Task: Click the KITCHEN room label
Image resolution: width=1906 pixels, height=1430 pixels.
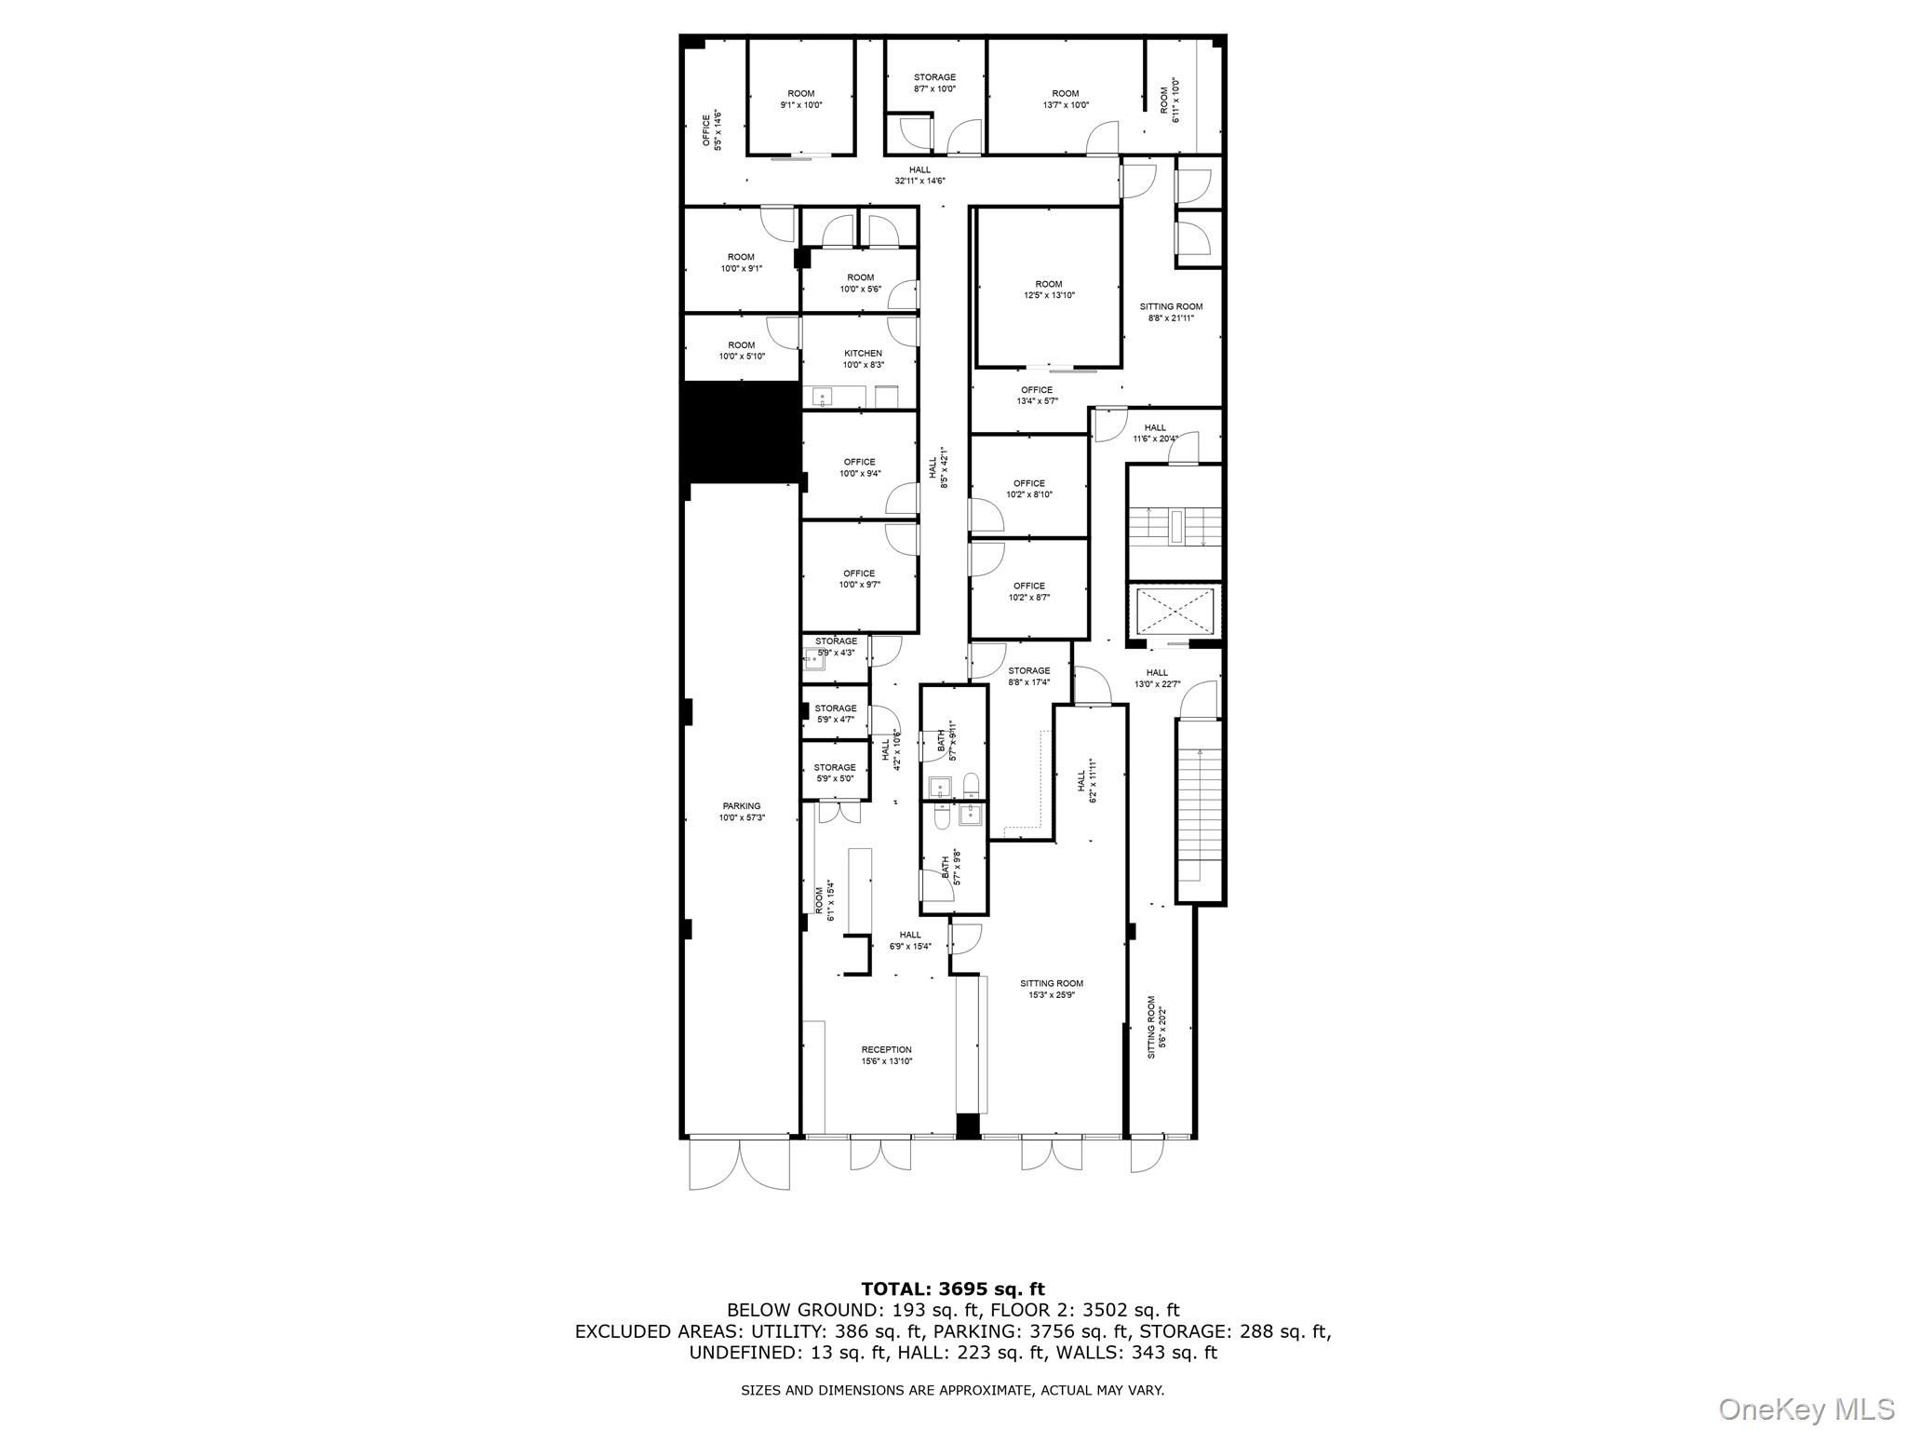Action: [x=863, y=359]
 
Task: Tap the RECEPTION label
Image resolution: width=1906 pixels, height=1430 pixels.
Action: [x=886, y=1055]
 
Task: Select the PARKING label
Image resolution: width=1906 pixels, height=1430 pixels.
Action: [x=742, y=812]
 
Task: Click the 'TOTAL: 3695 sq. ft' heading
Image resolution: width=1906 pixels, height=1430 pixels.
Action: [x=953, y=1288]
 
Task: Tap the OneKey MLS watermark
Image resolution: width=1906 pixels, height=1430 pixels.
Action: [x=1806, y=1409]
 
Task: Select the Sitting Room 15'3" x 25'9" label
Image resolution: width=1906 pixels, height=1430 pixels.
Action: [x=1052, y=989]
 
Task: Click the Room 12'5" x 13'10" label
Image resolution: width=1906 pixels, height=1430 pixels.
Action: [x=1048, y=290]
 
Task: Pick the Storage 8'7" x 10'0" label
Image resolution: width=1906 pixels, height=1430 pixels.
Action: [x=934, y=83]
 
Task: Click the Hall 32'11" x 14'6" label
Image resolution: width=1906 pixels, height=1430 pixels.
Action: [x=919, y=175]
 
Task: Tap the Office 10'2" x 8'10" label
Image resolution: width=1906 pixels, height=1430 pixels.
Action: [x=1029, y=489]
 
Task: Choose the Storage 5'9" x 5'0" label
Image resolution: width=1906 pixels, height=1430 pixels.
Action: [x=835, y=773]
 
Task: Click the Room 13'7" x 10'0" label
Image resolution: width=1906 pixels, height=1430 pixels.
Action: [x=1066, y=99]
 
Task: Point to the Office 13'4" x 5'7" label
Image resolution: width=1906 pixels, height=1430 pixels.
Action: [x=1037, y=396]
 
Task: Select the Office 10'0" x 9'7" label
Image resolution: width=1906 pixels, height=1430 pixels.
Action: [x=859, y=579]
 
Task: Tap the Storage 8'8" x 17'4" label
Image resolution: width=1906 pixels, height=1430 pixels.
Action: [x=1028, y=676]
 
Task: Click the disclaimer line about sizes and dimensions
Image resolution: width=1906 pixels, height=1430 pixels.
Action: [x=952, y=1390]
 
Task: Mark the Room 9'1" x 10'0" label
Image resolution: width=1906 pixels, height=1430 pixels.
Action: [x=801, y=99]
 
